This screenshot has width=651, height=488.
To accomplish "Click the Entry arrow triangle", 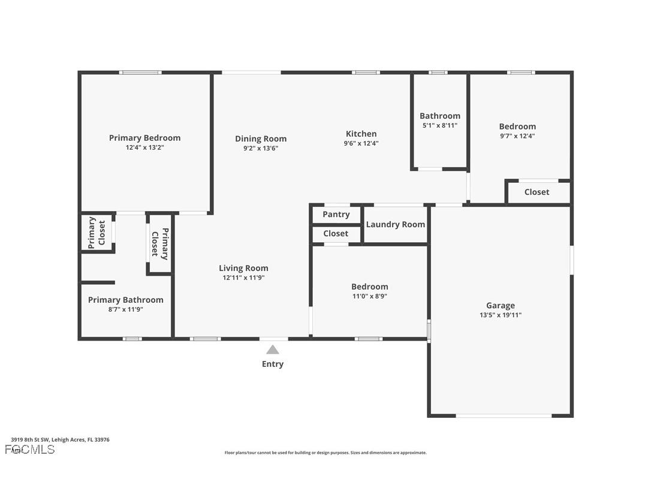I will click(x=273, y=350).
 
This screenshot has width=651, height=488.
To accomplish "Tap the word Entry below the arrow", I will click(x=273, y=364).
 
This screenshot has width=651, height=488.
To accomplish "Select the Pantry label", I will click(x=336, y=214).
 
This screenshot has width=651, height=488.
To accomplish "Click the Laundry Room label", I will click(x=395, y=224).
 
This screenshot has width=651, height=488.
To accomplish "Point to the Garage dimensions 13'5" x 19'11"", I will click(x=500, y=315).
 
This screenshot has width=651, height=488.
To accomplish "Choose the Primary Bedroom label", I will click(x=144, y=138).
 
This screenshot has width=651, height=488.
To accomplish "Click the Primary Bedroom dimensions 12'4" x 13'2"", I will click(x=144, y=147).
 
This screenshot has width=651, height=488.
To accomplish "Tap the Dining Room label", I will click(x=261, y=138).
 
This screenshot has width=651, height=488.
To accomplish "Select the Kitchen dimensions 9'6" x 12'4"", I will click(x=361, y=143).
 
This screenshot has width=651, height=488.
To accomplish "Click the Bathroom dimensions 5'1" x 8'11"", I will click(x=439, y=125).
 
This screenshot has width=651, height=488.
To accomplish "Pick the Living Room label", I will click(x=243, y=268).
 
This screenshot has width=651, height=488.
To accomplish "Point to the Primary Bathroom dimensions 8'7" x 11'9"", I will click(x=125, y=309).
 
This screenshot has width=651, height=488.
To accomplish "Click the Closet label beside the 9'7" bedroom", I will click(x=537, y=192).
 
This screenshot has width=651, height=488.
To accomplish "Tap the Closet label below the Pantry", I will click(x=336, y=233).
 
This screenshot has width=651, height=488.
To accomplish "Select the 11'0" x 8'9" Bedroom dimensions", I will click(x=369, y=296).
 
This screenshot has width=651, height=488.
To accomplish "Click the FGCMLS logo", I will click(x=30, y=449).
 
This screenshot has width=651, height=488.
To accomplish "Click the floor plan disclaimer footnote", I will click(x=325, y=453).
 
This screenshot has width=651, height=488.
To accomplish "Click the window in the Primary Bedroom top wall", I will click(x=140, y=73).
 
